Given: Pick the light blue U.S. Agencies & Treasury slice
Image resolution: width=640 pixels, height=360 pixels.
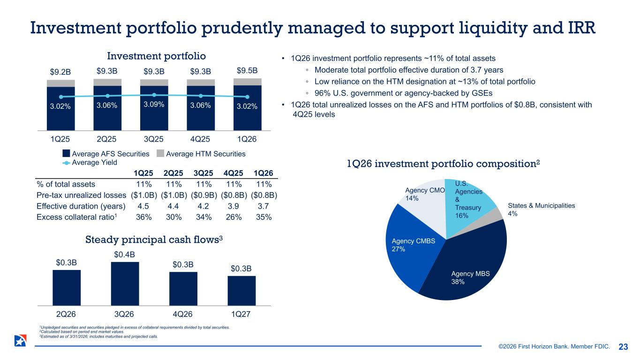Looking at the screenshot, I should pyautogui.click(x=469, y=199).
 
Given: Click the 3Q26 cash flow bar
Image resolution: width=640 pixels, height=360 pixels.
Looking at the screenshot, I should pyautogui.click(x=125, y=284).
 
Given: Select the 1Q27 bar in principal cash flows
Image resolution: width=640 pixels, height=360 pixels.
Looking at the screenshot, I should pyautogui.click(x=241, y=291).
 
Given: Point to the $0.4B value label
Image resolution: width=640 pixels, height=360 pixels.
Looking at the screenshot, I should pyautogui.click(x=124, y=255).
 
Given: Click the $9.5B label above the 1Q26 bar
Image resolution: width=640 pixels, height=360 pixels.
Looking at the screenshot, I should pyautogui.click(x=247, y=71).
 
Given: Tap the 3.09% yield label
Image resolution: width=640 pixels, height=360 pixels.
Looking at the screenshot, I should pyautogui.click(x=154, y=105).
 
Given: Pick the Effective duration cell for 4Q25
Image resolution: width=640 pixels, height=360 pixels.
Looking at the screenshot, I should pyautogui.click(x=233, y=207).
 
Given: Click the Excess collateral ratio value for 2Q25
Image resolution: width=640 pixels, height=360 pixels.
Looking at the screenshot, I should pyautogui.click(x=174, y=218).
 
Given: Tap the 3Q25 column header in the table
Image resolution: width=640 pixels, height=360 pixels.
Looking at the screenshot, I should pyautogui.click(x=204, y=172).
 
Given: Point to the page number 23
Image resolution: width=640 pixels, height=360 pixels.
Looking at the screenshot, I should pyautogui.click(x=623, y=347).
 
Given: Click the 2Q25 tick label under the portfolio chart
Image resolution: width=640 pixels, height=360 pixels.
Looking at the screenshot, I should pyautogui.click(x=107, y=139).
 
